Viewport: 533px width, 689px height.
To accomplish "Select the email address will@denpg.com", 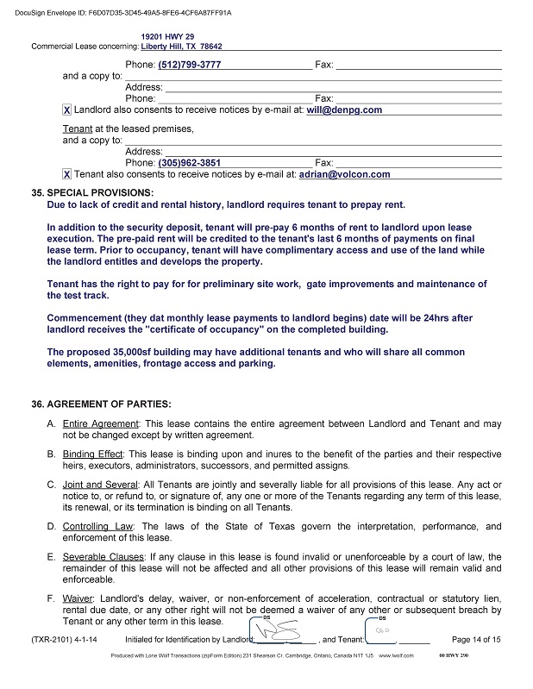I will (x=345, y=110).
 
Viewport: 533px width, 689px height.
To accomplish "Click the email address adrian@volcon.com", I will (x=344, y=174).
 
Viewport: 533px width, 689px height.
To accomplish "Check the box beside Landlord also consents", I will (x=67, y=110).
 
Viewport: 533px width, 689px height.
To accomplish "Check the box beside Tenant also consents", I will (x=67, y=174).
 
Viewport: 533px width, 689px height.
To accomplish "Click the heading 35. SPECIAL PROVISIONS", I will (x=92, y=192).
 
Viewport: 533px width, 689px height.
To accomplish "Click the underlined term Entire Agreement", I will (x=101, y=424).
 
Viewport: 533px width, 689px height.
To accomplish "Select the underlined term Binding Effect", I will (x=94, y=454).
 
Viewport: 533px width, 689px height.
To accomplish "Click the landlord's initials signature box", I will (x=274, y=636).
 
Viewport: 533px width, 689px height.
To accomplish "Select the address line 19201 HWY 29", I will (x=167, y=36).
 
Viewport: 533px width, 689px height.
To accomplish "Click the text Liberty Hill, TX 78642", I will (x=181, y=47).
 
